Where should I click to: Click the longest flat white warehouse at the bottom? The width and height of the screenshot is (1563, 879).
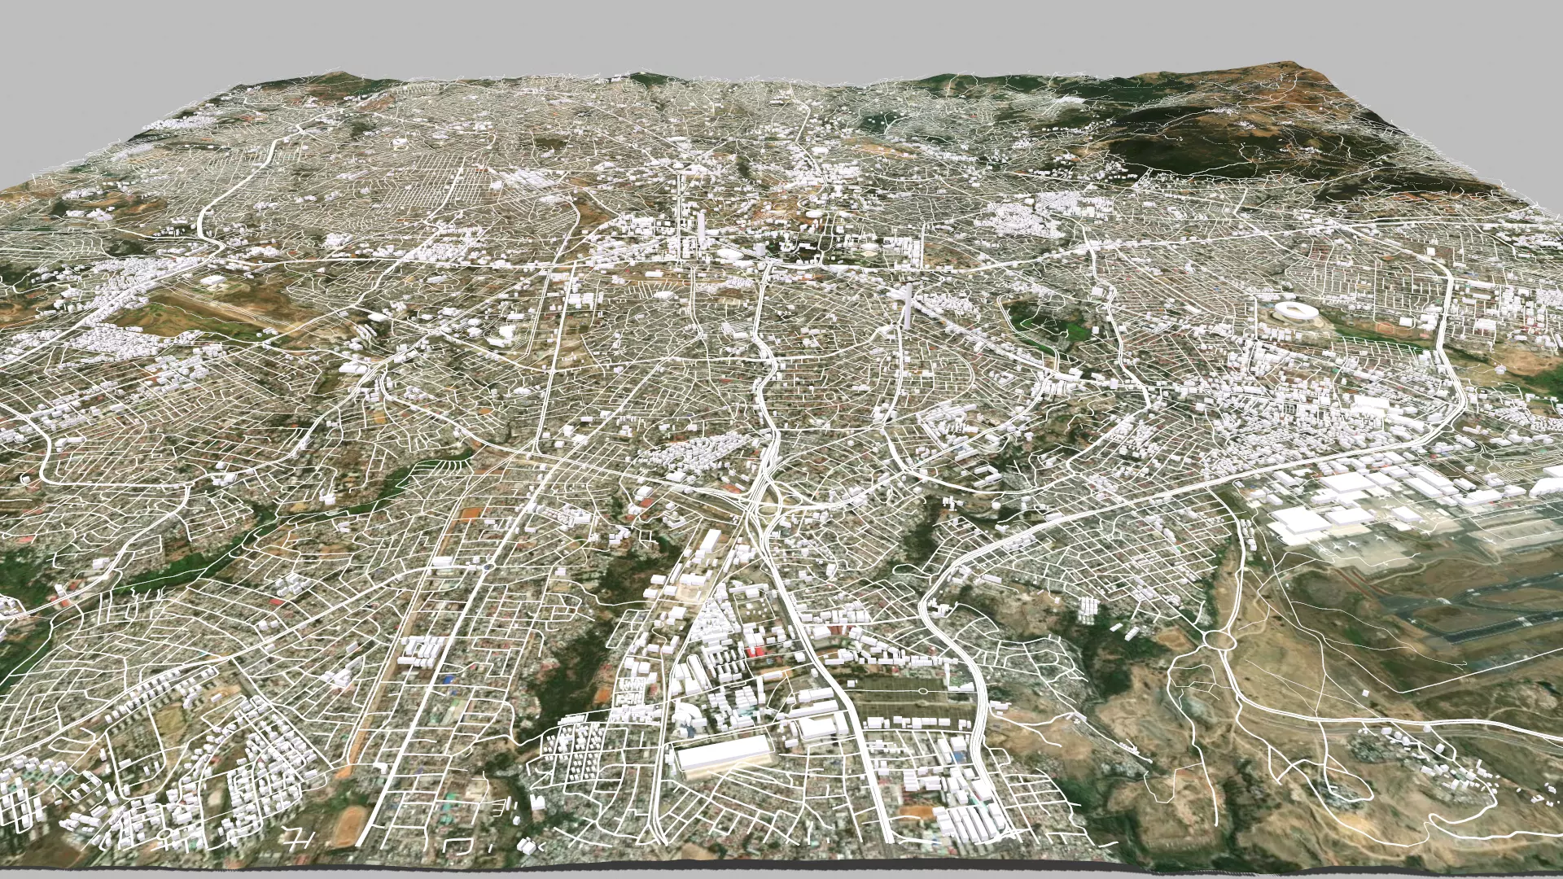coord(723,754)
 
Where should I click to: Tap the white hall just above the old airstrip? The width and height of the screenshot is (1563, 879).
coord(216,281)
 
